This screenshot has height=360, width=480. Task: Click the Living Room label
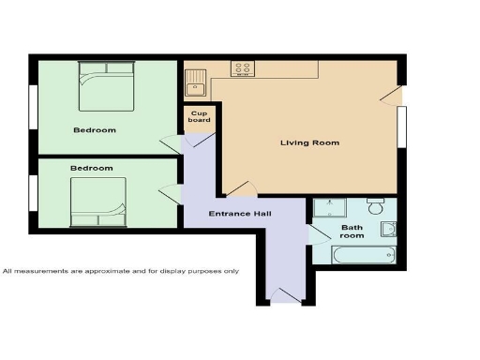(309, 142)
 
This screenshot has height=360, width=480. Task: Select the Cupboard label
(199, 116)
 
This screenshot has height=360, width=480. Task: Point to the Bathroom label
(352, 232)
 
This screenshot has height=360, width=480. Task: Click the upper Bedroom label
(94, 129)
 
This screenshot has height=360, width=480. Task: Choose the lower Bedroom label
(91, 168)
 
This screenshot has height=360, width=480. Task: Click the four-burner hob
(244, 68)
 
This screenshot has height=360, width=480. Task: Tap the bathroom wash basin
(389, 230)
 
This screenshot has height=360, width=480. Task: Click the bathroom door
(316, 231)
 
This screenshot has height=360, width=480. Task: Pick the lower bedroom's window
(33, 192)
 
